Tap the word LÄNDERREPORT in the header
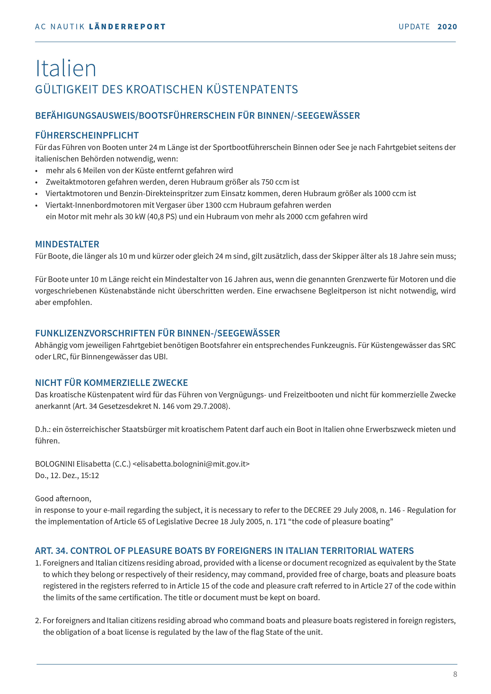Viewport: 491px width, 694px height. click(x=127, y=27)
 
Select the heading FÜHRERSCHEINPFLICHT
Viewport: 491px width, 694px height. click(x=87, y=135)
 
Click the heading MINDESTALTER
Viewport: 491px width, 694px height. click(x=67, y=244)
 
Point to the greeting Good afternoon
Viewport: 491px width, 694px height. click(x=63, y=498)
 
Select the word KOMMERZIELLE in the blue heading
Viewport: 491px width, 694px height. click(x=117, y=383)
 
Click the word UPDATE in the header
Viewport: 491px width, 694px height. click(x=414, y=27)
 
